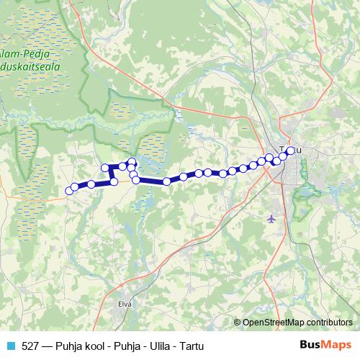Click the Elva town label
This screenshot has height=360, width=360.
click(125, 304)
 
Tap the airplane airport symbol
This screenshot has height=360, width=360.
click(271, 218)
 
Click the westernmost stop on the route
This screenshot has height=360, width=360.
click(70, 191)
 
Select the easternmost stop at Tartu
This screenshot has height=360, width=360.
click(291, 150)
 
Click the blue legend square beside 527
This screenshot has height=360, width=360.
click(10, 346)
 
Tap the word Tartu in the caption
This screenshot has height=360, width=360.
click(189, 346)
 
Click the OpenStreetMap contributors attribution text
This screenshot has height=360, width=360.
click(297, 323)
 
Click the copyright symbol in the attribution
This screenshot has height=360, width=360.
click(238, 323)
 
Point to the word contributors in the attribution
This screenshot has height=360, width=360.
click(329, 323)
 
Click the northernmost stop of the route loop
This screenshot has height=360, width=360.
click(132, 161)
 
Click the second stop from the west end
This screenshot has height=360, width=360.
click(74, 187)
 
